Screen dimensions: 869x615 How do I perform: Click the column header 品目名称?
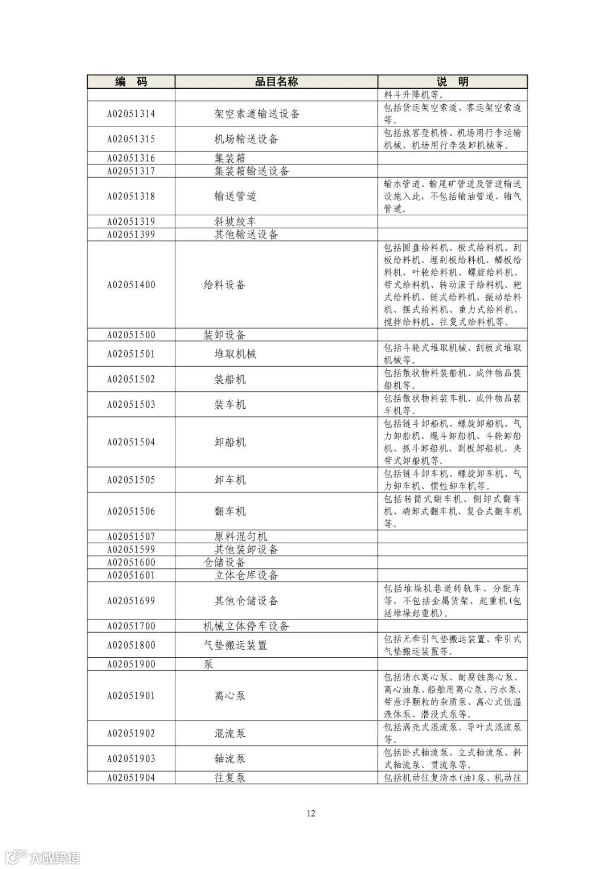click(x=276, y=82)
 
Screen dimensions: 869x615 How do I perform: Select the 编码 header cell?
click(x=131, y=82)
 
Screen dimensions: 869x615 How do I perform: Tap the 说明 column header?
click(x=452, y=82)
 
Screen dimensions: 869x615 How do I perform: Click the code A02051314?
click(x=131, y=114)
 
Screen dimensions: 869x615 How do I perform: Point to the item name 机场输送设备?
click(x=246, y=139)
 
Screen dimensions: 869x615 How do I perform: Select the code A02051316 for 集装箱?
click(x=131, y=158)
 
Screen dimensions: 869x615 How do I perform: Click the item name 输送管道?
click(x=235, y=196)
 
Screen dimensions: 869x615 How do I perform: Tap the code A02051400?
click(x=131, y=285)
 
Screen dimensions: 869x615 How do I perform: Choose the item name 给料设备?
click(x=224, y=285)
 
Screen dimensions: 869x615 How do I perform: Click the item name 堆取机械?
click(x=235, y=354)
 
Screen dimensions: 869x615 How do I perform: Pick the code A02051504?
click(x=131, y=442)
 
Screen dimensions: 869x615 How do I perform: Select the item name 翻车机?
click(x=230, y=511)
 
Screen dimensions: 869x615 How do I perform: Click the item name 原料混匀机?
click(x=240, y=536)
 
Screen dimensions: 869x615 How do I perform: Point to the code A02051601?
click(x=131, y=575)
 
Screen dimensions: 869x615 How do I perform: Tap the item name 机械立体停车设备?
click(x=246, y=626)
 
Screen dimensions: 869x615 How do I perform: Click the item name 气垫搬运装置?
click(x=235, y=645)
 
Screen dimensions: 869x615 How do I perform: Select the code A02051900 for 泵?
click(x=131, y=665)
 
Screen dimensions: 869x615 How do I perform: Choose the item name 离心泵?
click(x=230, y=696)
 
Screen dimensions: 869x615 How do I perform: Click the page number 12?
click(x=310, y=813)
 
